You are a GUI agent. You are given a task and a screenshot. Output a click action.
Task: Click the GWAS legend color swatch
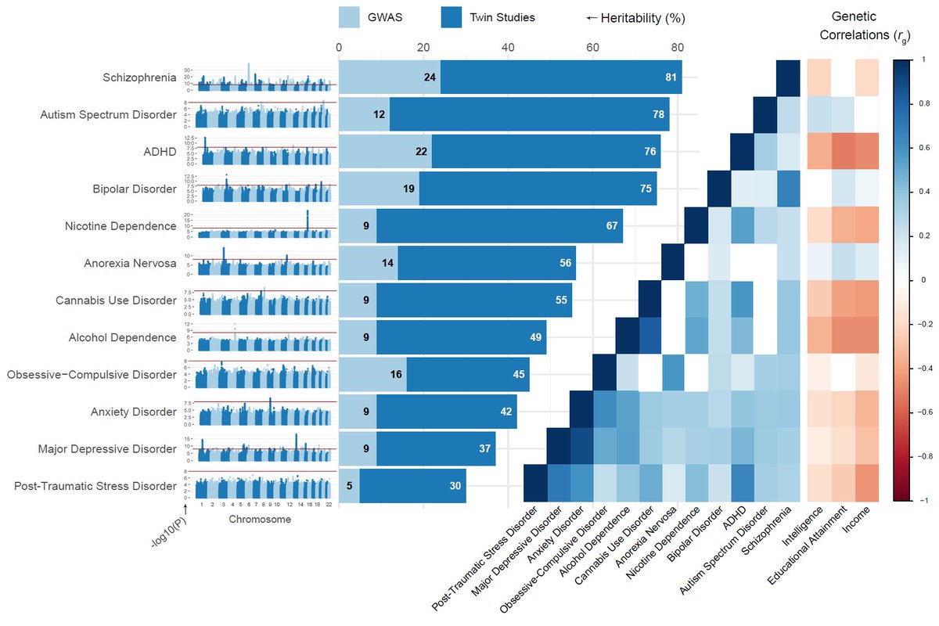point(349,17)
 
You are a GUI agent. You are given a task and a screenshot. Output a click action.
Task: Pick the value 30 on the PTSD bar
point(455,486)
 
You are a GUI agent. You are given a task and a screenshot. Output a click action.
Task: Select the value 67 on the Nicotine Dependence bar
point(612,225)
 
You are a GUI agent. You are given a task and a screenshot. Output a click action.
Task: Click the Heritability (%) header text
point(640,17)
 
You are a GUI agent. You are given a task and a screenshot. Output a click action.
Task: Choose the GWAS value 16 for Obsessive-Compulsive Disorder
point(395,374)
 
